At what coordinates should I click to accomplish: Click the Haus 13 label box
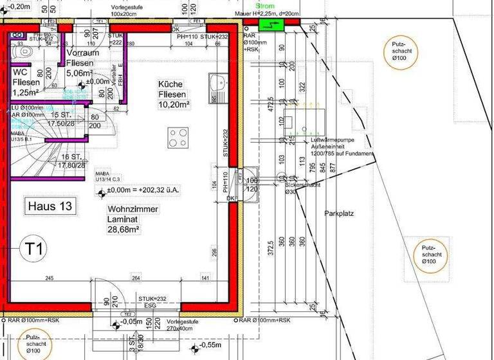click(51, 206)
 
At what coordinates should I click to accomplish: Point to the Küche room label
click(170, 84)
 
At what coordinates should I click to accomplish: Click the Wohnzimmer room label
click(133, 209)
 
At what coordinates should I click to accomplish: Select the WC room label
click(20, 72)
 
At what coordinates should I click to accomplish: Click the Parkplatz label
click(338, 213)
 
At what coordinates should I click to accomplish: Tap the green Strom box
click(271, 24)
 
